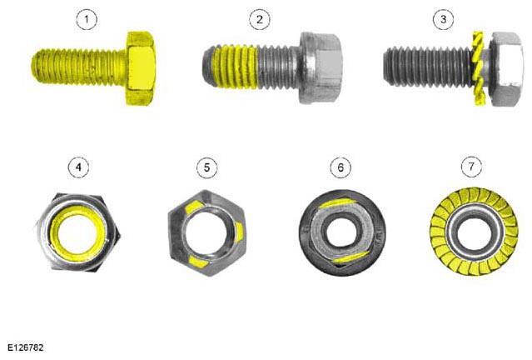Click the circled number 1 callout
coord(87,19)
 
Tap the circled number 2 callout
coord(260,19)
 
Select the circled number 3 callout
coord(443,19)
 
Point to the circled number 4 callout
coord(79,167)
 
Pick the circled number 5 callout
coord(207,167)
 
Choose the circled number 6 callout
coord(341,167)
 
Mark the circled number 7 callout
coord(471,167)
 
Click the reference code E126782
coord(26,347)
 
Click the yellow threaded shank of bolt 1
coord(79,67)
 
